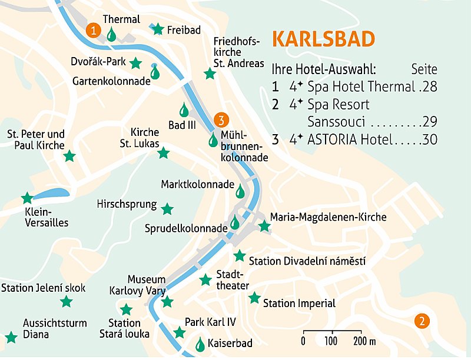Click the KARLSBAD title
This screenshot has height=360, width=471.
[323, 39]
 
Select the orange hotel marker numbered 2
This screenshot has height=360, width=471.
[422, 321]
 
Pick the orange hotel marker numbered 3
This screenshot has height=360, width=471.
[221, 121]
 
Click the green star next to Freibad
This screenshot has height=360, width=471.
[157, 29]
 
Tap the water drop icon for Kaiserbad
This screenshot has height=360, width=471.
[201, 344]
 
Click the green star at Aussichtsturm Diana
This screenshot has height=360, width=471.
[11, 337]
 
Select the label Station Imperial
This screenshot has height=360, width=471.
[299, 304]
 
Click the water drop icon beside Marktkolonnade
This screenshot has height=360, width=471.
[240, 191]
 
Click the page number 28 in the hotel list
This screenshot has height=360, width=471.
[430, 87]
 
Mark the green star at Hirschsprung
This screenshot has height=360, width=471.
[167, 209]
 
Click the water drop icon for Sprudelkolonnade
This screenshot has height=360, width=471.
[235, 222]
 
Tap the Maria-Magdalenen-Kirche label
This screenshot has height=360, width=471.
[328, 217]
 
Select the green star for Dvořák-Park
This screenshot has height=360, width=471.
[135, 62]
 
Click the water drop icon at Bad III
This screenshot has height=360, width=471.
[184, 110]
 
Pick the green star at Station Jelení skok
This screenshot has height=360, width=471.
[66, 302]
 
